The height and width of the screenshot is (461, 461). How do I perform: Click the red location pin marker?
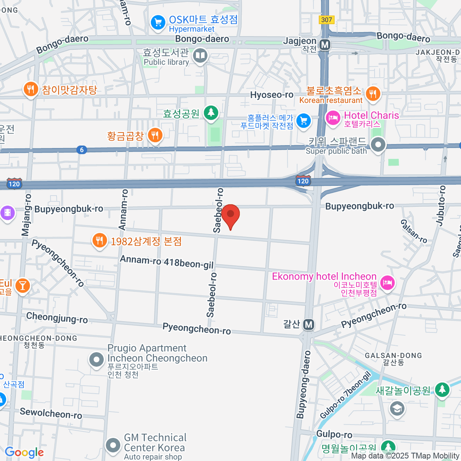tap(230, 215)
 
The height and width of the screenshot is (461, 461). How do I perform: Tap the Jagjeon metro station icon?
tap(325, 45)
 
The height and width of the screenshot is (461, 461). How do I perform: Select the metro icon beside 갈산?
tap(309, 325)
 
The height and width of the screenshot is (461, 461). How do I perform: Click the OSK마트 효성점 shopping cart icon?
tap(158, 22)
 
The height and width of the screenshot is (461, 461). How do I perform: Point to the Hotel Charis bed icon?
tap(333, 117)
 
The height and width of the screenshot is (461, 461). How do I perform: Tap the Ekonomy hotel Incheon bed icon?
tap(387, 283)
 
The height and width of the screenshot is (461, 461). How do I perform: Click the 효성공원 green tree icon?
tap(211, 113)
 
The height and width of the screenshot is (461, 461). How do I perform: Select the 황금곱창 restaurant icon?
tap(155, 135)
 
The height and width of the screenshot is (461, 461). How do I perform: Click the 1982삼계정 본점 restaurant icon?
tap(99, 240)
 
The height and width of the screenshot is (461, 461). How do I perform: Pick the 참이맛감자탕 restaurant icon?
tap(30, 89)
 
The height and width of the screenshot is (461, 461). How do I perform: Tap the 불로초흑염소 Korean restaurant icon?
tap(373, 93)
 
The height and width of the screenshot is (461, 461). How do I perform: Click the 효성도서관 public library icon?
tap(200, 56)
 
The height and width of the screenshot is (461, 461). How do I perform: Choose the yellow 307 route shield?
tap(327, 20)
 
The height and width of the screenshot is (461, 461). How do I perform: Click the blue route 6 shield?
tap(81, 150)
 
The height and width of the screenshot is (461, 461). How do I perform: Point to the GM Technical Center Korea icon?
tap(113, 445)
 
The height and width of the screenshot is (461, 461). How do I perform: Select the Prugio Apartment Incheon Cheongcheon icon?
tap(96, 360)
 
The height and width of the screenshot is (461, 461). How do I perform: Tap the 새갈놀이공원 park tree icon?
tap(442, 389)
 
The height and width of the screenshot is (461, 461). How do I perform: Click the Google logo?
tap(24, 453)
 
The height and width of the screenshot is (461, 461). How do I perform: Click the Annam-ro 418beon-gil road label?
tap(167, 262)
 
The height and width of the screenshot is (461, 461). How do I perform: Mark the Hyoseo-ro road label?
tap(272, 95)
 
